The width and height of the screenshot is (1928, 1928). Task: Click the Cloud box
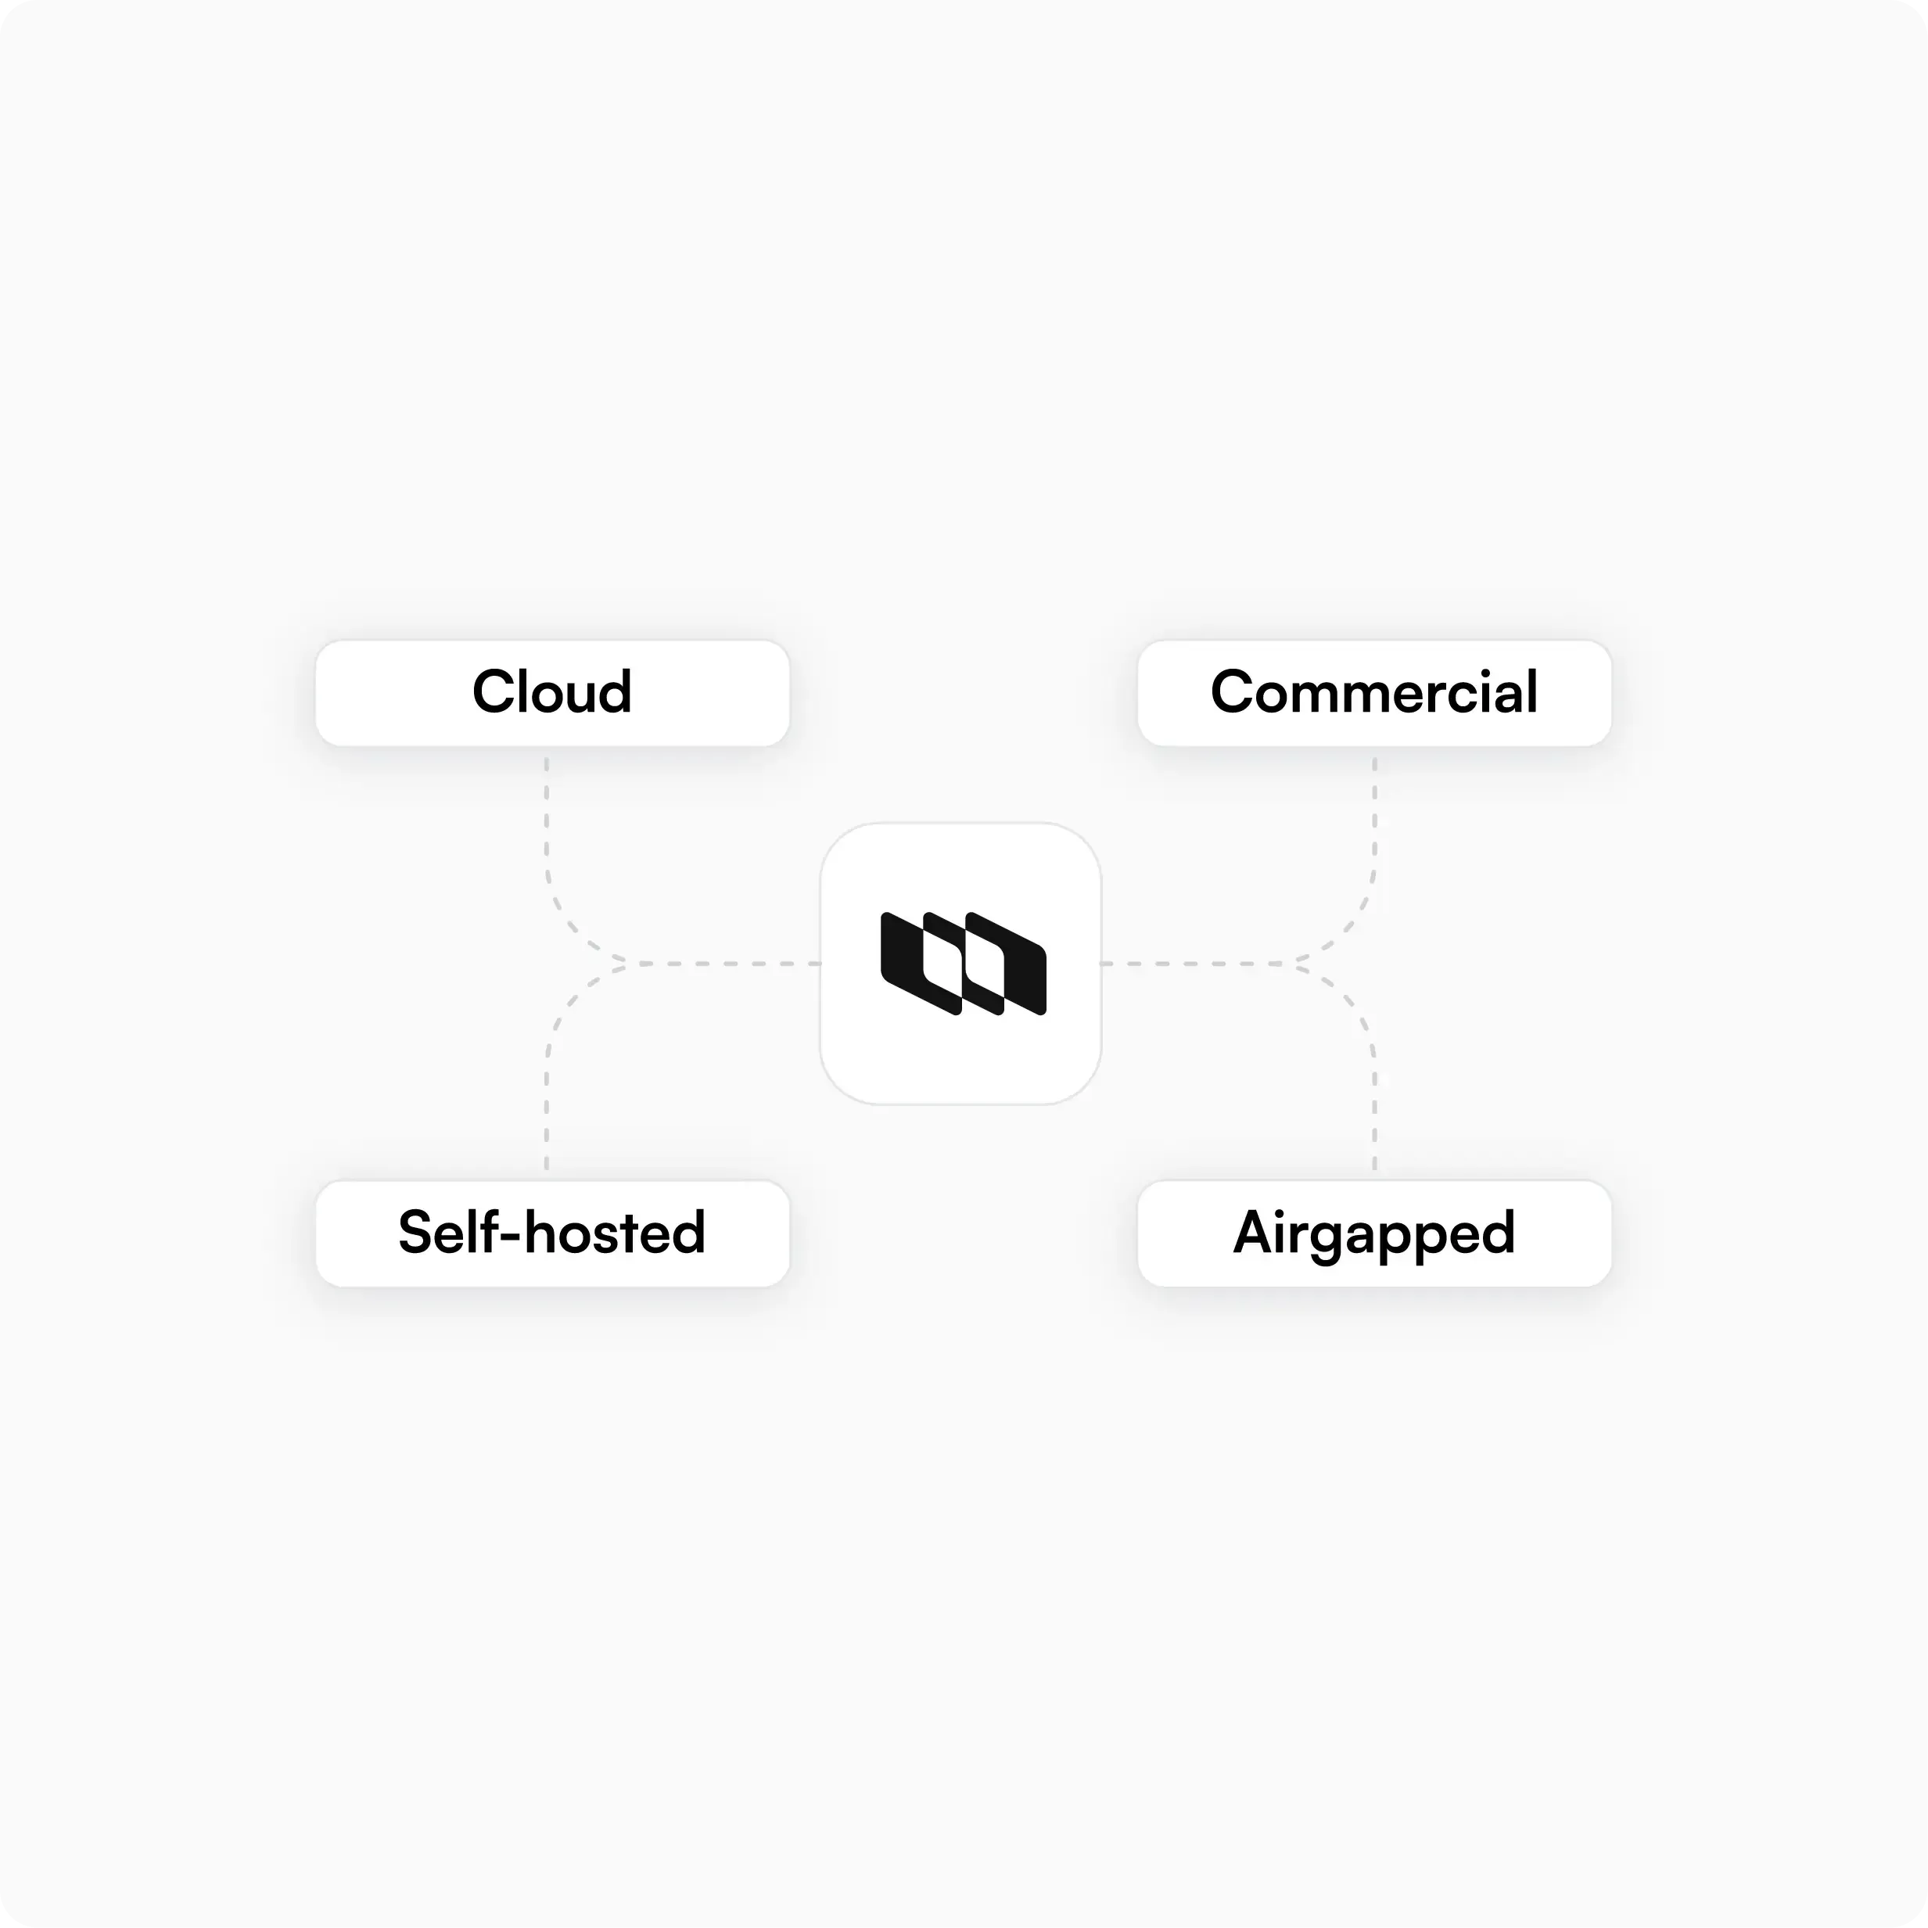[x=552, y=692]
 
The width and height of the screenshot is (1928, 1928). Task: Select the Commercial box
[x=1374, y=692]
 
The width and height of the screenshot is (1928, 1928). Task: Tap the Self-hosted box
[x=552, y=1233]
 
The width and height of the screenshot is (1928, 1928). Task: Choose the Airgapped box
[x=1374, y=1233]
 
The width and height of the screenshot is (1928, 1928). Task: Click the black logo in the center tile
[x=963, y=963]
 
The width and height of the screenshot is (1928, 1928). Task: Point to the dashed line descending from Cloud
[x=546, y=818]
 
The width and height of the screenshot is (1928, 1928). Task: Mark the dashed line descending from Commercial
[x=1374, y=818]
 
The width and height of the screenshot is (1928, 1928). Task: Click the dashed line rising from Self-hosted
[x=546, y=1108]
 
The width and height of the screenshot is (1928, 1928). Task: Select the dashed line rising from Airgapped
[x=1374, y=1108]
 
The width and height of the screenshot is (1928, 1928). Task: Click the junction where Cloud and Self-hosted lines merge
[x=623, y=963]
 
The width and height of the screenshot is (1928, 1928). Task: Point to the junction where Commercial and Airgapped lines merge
[x=1298, y=963]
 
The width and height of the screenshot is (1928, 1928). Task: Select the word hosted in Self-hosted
[x=615, y=1233]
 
